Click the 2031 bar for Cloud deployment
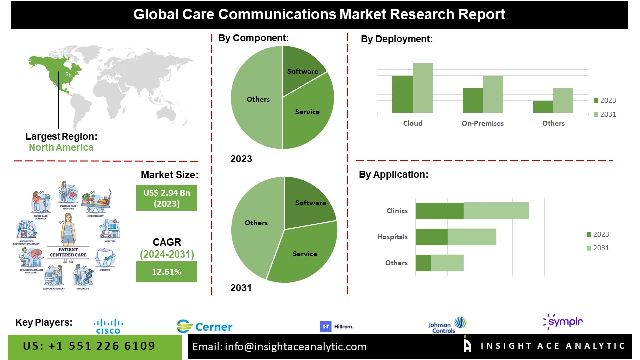[423, 88]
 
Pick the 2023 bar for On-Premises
[472, 100]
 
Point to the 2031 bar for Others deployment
[563, 100]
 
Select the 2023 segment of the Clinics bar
[440, 210]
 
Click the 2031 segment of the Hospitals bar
[472, 237]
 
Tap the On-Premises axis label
[483, 123]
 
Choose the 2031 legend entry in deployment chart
[605, 114]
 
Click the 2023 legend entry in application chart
[597, 234]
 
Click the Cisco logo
[108, 326]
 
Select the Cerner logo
[205, 327]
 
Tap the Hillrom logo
[337, 326]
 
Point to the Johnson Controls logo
[447, 325]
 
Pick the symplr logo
[563, 322]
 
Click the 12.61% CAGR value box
[167, 272]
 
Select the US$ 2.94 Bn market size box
[167, 198]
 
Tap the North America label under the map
[61, 147]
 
